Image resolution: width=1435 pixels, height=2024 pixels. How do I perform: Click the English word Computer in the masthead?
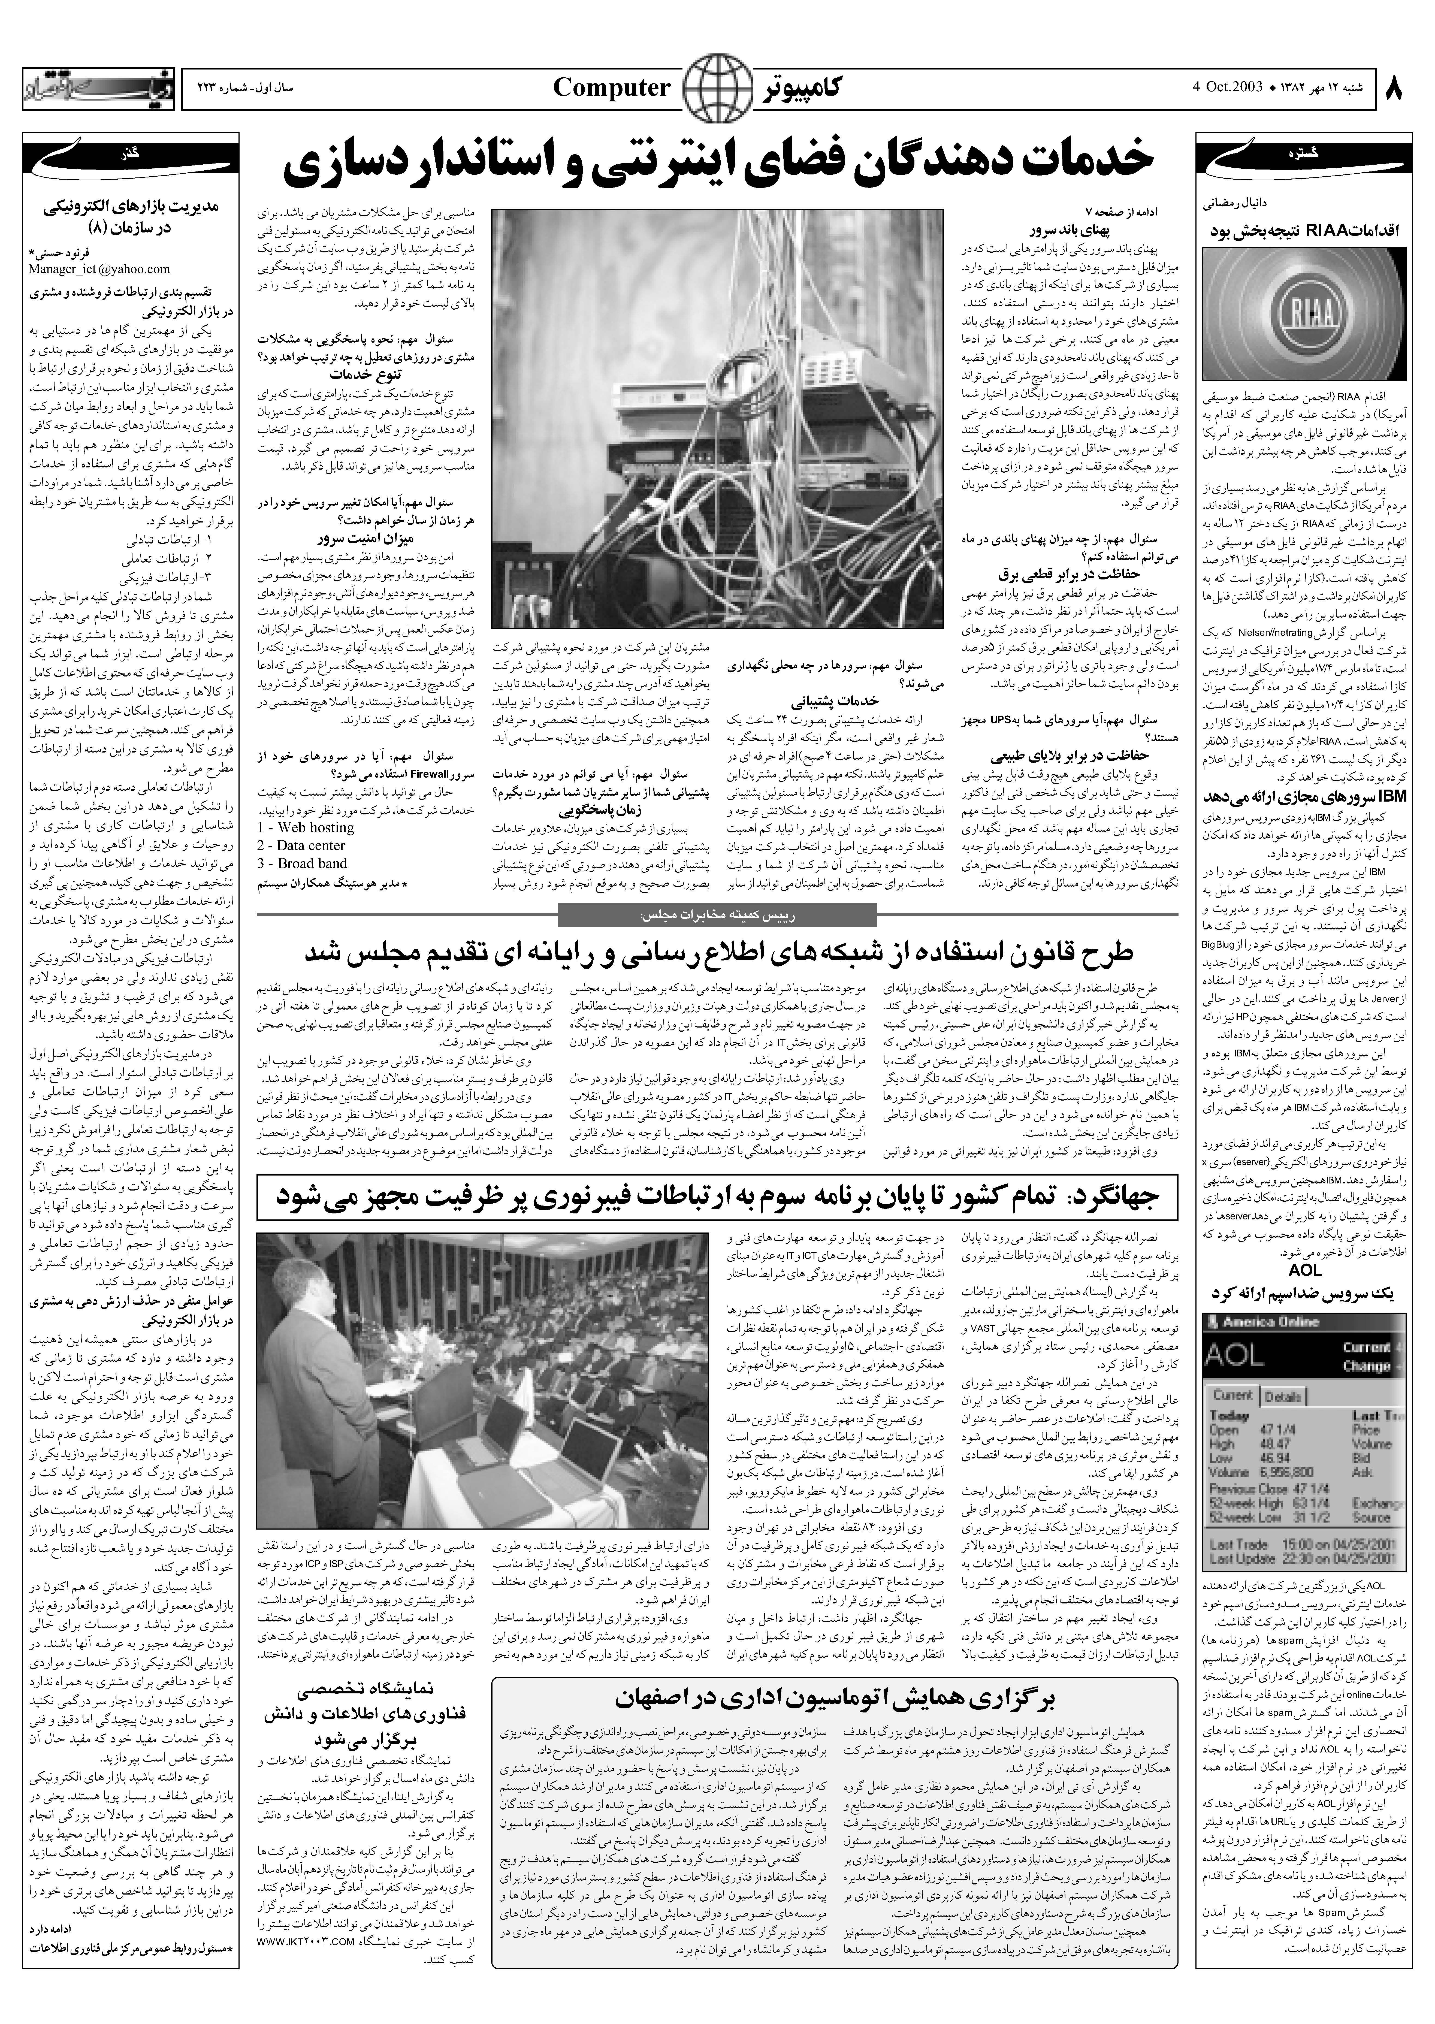(x=611, y=87)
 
